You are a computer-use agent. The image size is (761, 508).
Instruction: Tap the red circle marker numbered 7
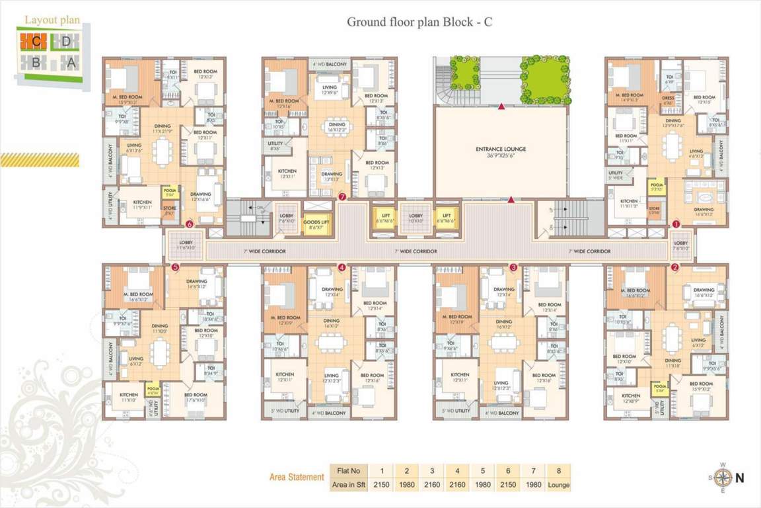point(342,196)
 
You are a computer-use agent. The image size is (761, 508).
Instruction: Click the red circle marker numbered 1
point(676,224)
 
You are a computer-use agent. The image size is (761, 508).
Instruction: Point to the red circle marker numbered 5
point(175,267)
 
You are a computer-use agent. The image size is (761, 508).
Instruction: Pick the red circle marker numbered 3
point(513,267)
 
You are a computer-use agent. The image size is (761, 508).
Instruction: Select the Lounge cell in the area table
point(559,485)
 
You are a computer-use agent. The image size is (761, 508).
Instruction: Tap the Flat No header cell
point(347,471)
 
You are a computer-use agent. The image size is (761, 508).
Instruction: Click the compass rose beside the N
point(723,476)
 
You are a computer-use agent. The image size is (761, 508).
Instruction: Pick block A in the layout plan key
point(68,62)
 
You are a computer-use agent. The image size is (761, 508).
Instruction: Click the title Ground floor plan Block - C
point(419,22)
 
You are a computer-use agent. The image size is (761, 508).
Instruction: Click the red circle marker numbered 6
point(190,224)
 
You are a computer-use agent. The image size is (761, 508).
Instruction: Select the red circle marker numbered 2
point(674,267)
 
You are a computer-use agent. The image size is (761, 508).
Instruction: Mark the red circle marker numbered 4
point(342,267)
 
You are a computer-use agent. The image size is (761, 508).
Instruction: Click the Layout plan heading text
point(52,20)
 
